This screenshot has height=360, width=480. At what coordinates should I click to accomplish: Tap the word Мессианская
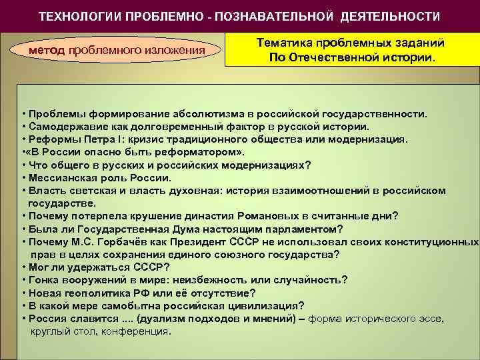click(59, 177)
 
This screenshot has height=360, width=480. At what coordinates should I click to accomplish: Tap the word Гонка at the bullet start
click(43, 280)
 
